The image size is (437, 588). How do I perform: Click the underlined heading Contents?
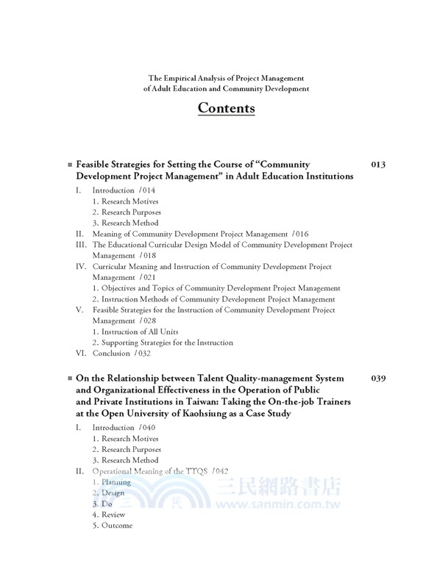tap(226, 108)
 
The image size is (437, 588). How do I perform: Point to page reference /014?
tap(147, 190)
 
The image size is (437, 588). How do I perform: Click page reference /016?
tap(299, 234)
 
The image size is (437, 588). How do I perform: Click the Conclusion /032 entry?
tap(121, 354)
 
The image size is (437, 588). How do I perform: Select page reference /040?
tap(147, 427)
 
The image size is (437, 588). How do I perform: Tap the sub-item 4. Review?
tap(109, 515)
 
